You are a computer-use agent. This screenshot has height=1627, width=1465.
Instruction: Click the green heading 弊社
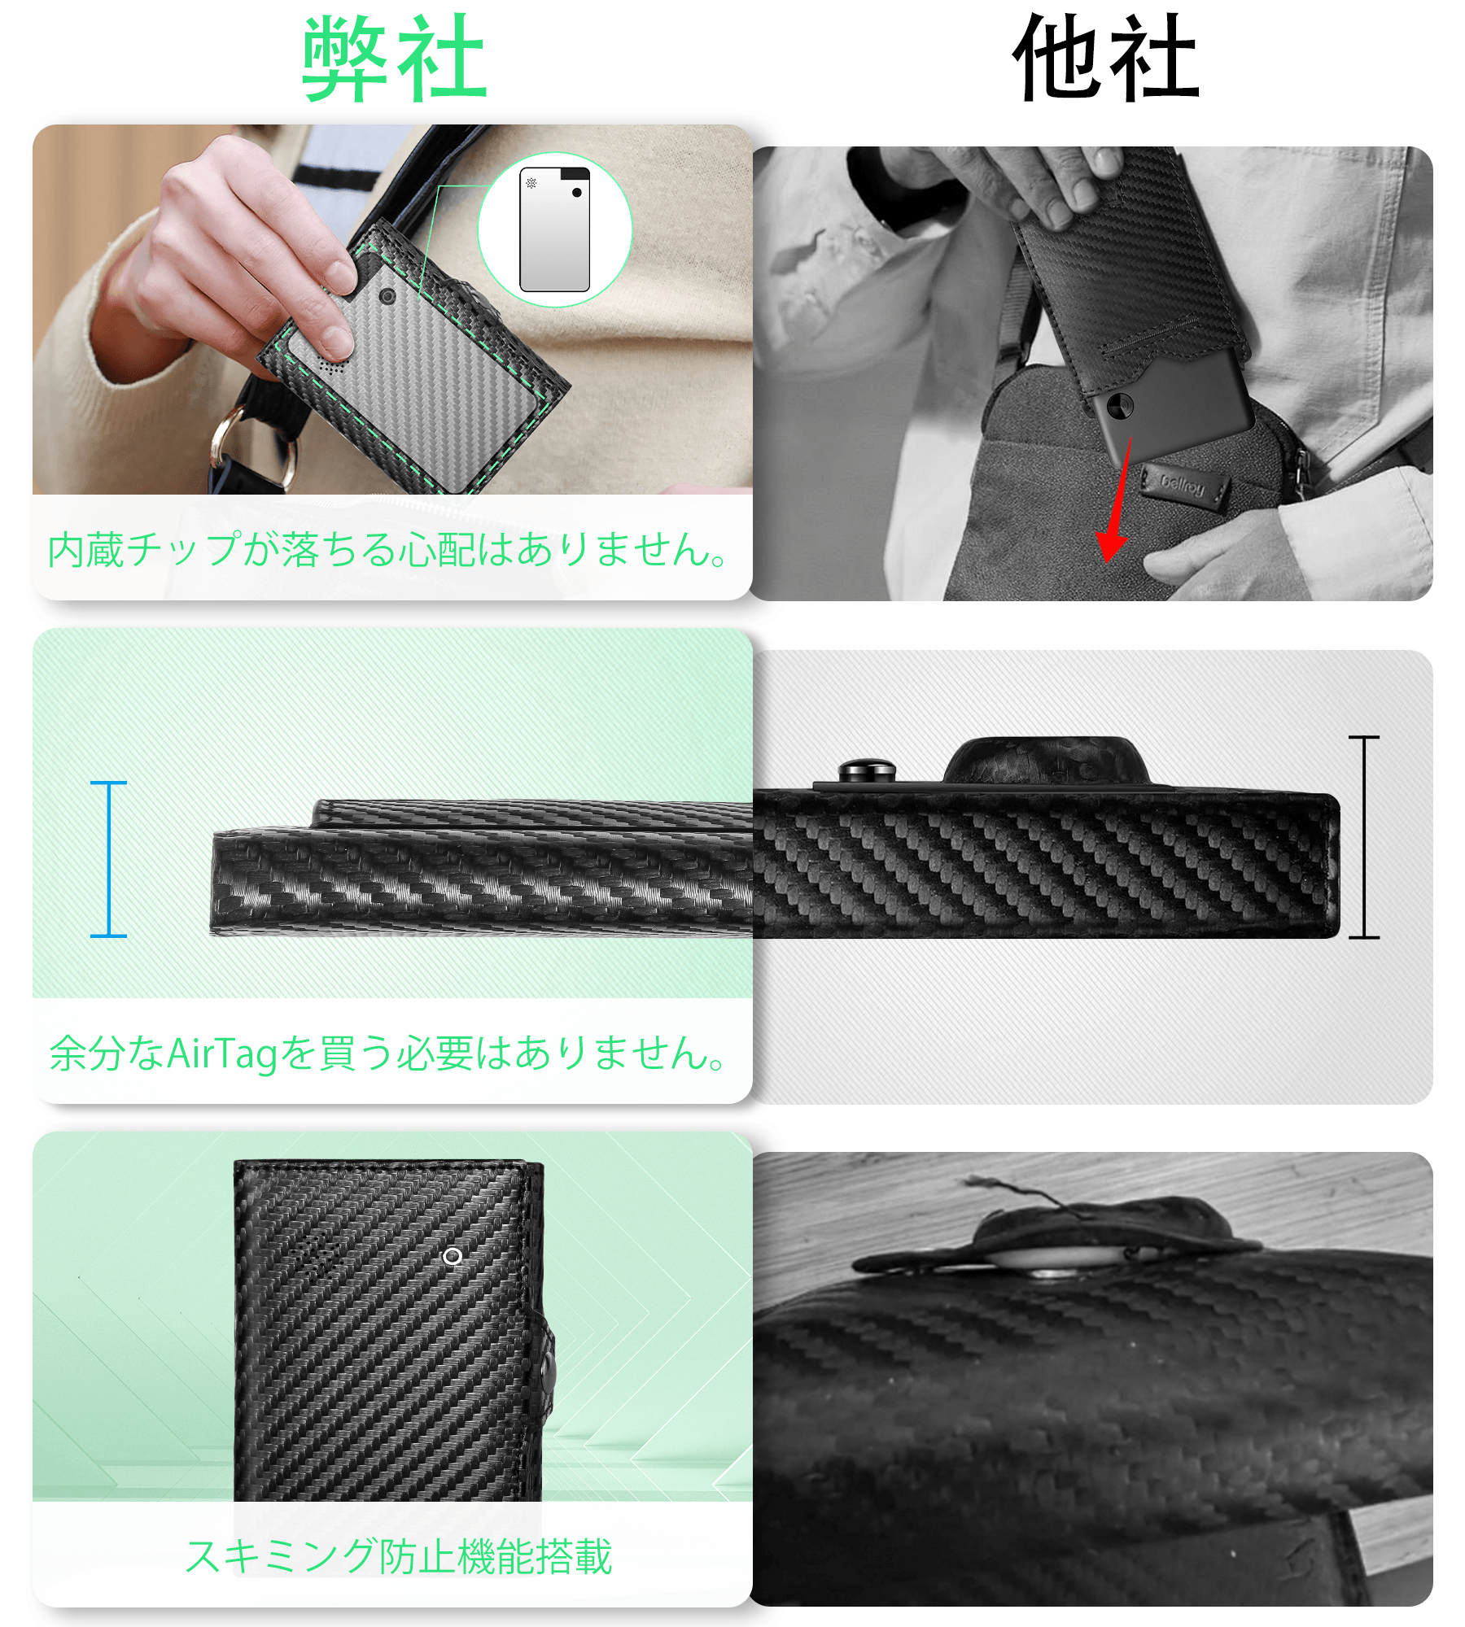tap(395, 59)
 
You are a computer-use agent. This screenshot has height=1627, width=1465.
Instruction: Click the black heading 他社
tap(1106, 59)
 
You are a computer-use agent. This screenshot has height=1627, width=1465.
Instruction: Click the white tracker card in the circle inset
tap(554, 229)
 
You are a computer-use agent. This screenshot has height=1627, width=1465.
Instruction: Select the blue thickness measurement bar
tap(108, 859)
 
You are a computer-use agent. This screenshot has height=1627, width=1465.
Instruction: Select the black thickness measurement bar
tap(1364, 837)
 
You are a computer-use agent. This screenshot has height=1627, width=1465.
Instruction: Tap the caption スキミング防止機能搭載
tap(399, 1556)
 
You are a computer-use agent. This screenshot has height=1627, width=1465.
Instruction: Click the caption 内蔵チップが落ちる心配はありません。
tap(387, 549)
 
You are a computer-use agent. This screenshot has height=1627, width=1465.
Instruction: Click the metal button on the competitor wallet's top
tap(868, 770)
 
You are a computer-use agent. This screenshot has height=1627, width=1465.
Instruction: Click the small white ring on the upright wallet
tap(453, 1257)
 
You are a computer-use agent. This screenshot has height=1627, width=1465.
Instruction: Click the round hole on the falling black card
tap(1120, 404)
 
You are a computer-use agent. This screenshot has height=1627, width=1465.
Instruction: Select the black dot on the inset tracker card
tap(577, 193)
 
